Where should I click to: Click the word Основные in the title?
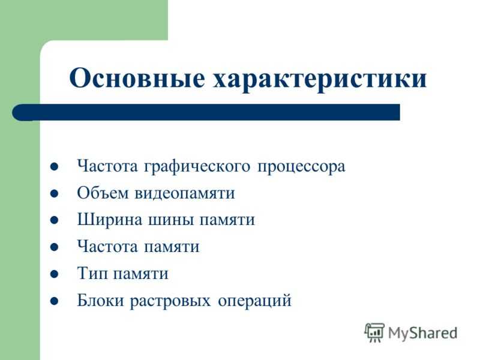click(137, 78)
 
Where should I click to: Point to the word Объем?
click(103, 193)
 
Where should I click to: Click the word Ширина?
click(110, 220)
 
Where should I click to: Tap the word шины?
click(171, 220)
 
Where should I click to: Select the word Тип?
click(92, 273)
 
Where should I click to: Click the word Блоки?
click(100, 300)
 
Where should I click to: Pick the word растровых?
click(170, 301)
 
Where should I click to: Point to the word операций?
click(254, 301)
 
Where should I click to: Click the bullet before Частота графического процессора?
click(54, 167)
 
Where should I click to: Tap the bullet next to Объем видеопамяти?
click(54, 193)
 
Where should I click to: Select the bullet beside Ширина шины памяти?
click(54, 220)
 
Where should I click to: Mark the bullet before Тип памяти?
click(54, 274)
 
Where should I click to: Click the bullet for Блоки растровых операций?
click(54, 301)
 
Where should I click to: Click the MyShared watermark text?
click(423, 334)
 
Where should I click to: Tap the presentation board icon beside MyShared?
click(374, 332)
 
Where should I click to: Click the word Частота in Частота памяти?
click(107, 247)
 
